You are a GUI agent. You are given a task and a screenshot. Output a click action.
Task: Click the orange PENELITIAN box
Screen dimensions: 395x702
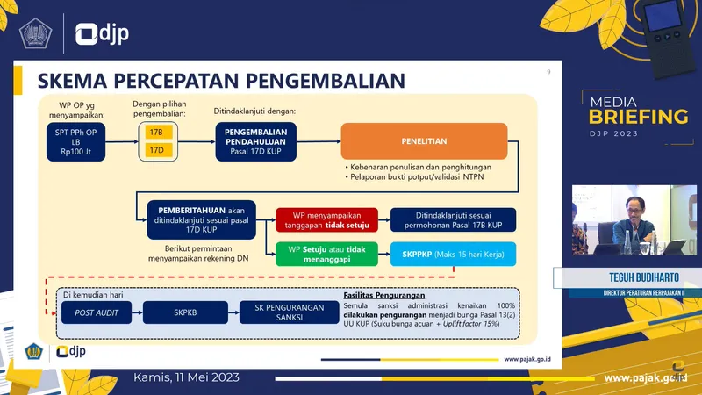click(x=424, y=140)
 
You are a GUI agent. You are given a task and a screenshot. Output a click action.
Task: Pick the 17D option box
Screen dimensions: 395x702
click(x=157, y=149)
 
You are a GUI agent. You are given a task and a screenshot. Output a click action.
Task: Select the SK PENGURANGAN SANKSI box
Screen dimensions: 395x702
click(x=283, y=312)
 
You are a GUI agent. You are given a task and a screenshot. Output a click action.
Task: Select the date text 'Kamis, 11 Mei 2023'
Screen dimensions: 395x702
click(x=186, y=377)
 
